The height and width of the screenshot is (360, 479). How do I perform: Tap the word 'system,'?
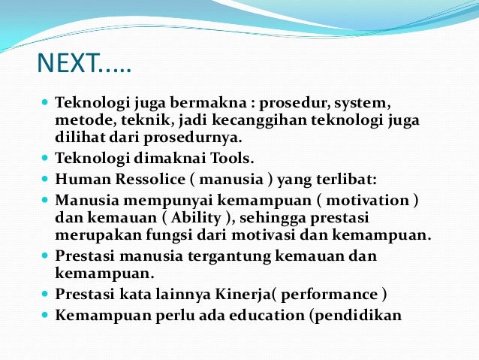[x=342, y=104]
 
